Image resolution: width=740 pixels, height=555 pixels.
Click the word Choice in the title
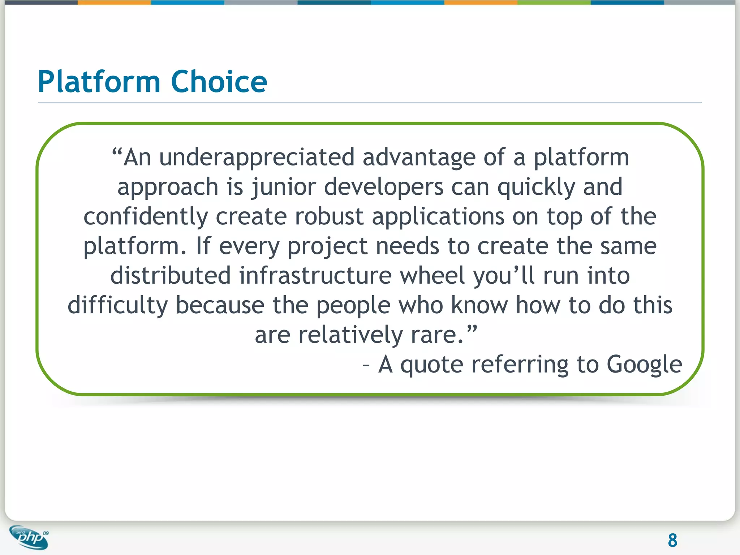(219, 82)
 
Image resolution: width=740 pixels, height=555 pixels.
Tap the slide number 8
(672, 541)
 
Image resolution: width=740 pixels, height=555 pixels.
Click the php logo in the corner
(29, 538)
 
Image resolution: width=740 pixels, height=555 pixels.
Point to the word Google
(644, 364)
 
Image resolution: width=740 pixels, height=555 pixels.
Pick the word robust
(329, 217)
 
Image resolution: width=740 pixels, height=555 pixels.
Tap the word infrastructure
(315, 276)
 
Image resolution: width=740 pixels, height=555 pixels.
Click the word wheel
(432, 276)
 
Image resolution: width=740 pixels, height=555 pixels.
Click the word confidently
(146, 217)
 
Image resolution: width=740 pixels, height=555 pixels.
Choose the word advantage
(419, 158)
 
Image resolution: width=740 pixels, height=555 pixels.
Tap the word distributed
(171, 276)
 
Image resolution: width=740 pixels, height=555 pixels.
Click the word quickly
(536, 187)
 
